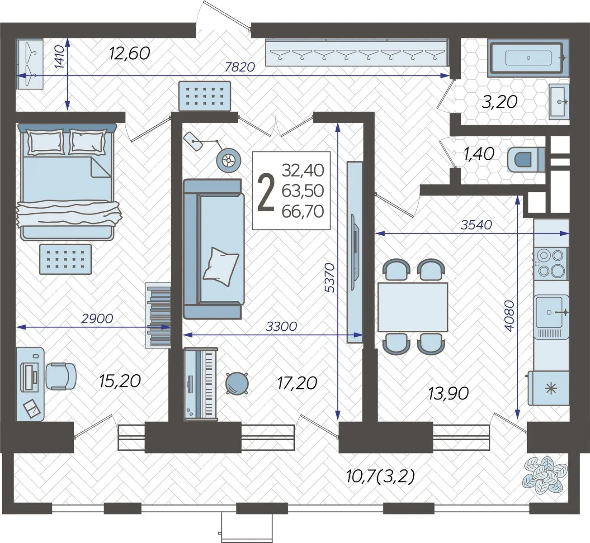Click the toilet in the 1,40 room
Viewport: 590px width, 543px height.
526,160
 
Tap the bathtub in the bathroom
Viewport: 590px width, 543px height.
528,58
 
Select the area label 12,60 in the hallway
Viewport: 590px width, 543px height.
129,53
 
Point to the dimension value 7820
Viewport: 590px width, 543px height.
240,67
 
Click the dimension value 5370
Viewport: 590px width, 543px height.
330,278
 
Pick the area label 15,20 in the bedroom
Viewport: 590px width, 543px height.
120,381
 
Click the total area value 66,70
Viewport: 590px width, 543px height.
303,211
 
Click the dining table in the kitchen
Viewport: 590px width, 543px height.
413,307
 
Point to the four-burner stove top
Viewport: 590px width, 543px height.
551,263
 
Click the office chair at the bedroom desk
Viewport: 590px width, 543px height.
61,376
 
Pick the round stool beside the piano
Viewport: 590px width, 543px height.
237,383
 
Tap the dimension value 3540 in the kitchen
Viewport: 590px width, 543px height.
476,225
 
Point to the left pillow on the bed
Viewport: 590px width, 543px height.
46,142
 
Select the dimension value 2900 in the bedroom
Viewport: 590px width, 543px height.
97,319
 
